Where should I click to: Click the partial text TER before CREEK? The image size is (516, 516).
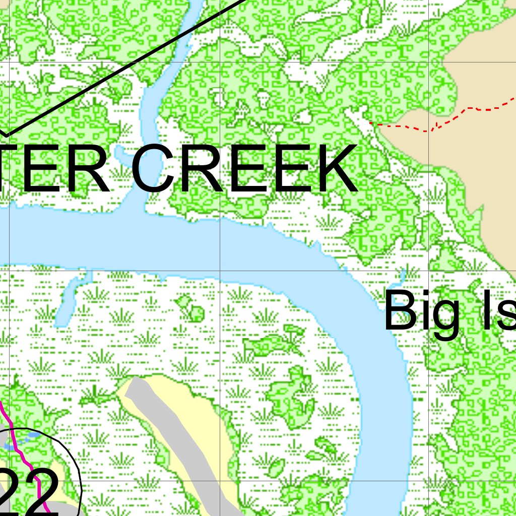point(55,169)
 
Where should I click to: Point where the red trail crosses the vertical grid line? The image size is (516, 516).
point(428,131)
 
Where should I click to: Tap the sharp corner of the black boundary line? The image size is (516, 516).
point(6,135)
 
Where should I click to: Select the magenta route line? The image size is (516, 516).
point(20,443)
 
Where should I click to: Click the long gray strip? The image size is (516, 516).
point(176,443)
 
